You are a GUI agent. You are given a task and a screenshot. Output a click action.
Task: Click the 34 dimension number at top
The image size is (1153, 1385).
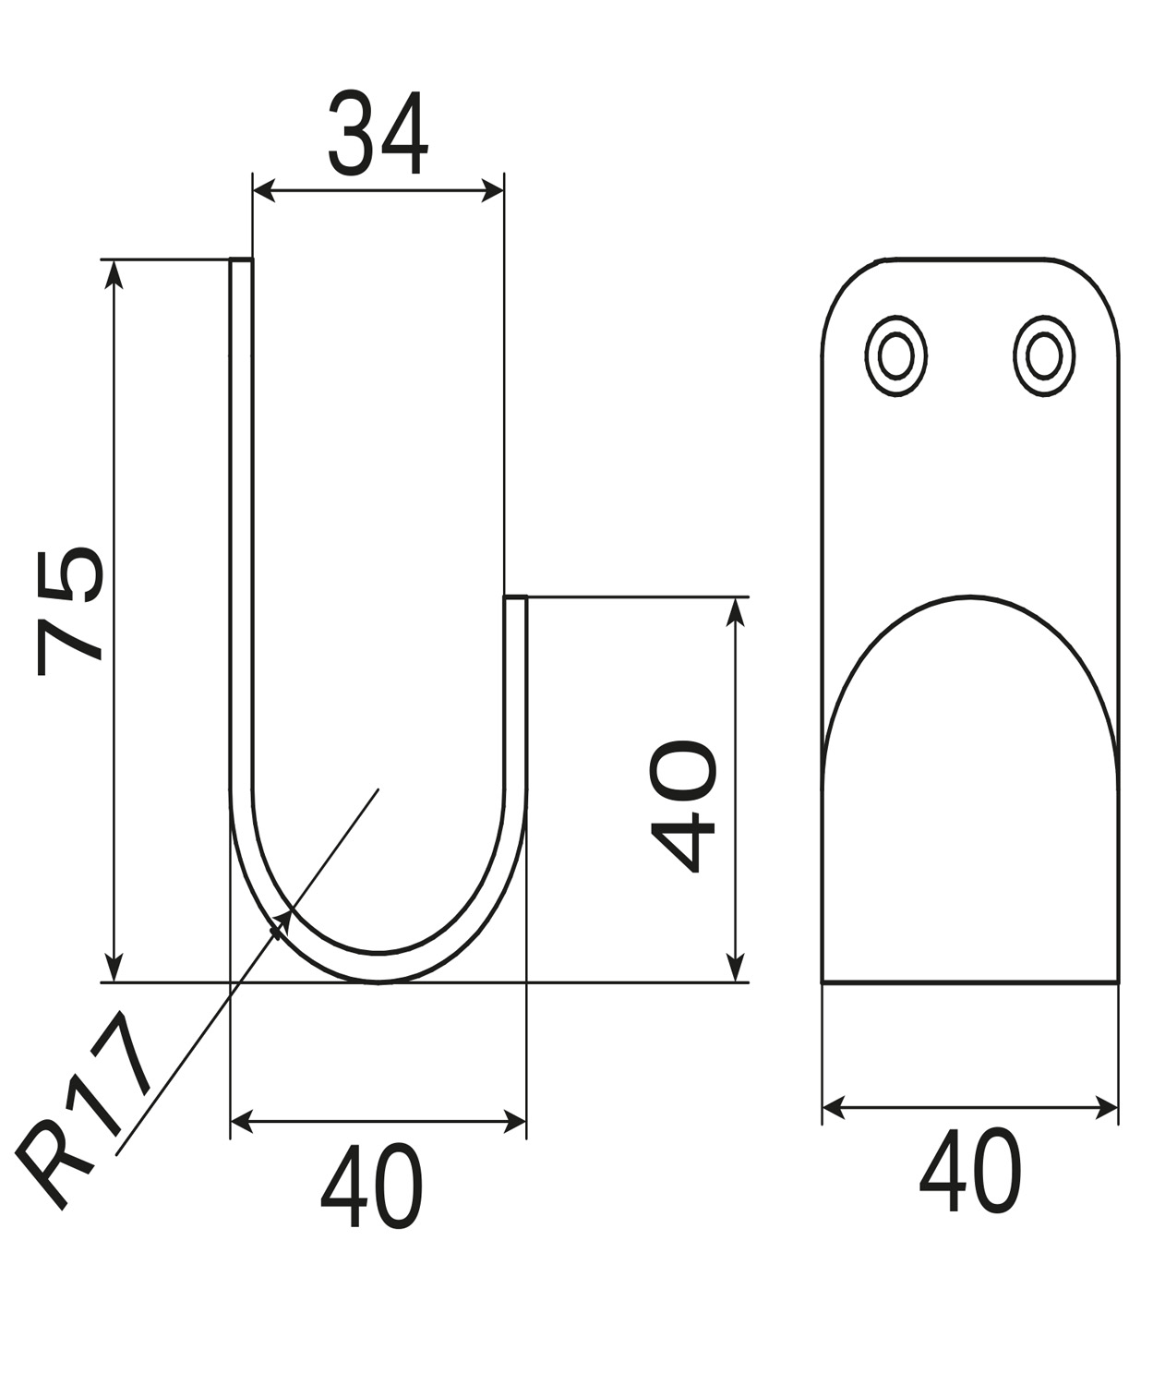[x=378, y=133]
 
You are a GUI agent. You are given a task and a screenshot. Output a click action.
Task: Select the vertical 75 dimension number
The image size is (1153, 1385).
[x=69, y=611]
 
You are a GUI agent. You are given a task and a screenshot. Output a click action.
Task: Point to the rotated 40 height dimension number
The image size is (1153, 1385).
[x=684, y=806]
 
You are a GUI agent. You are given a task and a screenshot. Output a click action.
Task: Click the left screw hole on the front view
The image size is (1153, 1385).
[x=895, y=356]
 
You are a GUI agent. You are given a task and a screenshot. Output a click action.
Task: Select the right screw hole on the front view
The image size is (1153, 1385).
[x=1043, y=356]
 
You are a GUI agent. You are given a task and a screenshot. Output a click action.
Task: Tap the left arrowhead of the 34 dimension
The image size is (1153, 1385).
[x=264, y=190]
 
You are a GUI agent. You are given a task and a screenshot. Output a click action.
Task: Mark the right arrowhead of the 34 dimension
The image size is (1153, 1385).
[x=492, y=190]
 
